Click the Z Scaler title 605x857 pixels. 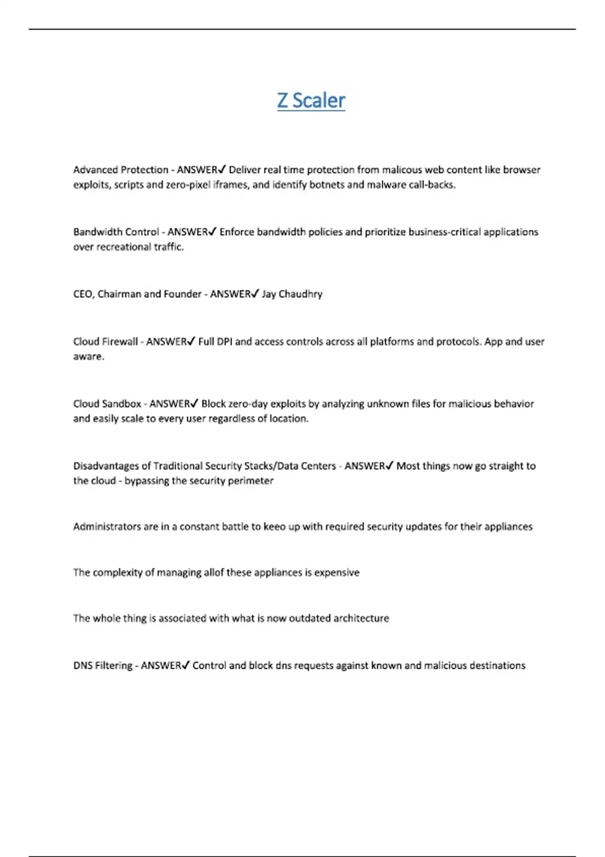click(x=311, y=100)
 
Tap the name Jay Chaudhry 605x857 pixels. click(x=292, y=294)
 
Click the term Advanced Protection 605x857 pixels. click(x=120, y=170)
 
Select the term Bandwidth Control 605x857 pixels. click(x=116, y=232)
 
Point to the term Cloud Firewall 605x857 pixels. click(x=105, y=342)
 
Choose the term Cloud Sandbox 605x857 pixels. click(x=107, y=404)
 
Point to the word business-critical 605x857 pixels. click(x=444, y=232)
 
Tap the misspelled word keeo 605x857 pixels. click(x=275, y=527)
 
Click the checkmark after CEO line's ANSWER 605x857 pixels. click(x=255, y=293)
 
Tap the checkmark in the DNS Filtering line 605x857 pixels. click(x=186, y=665)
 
